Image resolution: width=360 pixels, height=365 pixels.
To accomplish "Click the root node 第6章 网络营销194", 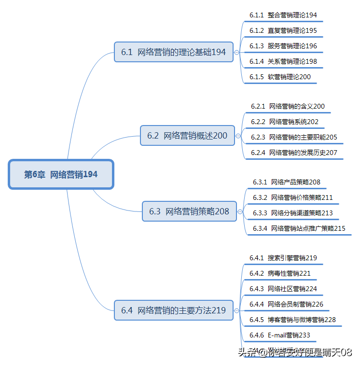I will (x=61, y=174).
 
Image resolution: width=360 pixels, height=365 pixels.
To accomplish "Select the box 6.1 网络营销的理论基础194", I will (x=174, y=52).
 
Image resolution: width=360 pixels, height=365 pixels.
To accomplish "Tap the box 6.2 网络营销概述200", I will (x=187, y=136).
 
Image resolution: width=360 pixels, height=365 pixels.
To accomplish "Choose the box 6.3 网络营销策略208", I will (x=189, y=211).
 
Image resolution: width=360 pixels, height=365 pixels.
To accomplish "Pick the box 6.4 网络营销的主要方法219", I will (x=174, y=310).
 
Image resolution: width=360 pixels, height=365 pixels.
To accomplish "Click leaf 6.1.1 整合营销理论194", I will (x=283, y=15).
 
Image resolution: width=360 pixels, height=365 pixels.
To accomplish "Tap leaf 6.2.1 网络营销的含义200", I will (x=288, y=106).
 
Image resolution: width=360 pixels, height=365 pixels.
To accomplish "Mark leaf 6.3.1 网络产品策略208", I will (x=286, y=182).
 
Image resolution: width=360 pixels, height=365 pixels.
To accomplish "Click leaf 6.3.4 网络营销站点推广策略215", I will (x=299, y=228).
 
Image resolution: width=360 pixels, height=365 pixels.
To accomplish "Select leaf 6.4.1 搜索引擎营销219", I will (x=283, y=258).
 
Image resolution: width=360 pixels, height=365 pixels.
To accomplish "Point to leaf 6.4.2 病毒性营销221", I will (x=280, y=273).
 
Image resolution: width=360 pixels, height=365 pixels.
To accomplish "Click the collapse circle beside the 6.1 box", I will (x=236, y=52).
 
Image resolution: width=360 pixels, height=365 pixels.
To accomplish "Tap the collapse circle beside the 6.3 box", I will (x=240, y=211).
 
